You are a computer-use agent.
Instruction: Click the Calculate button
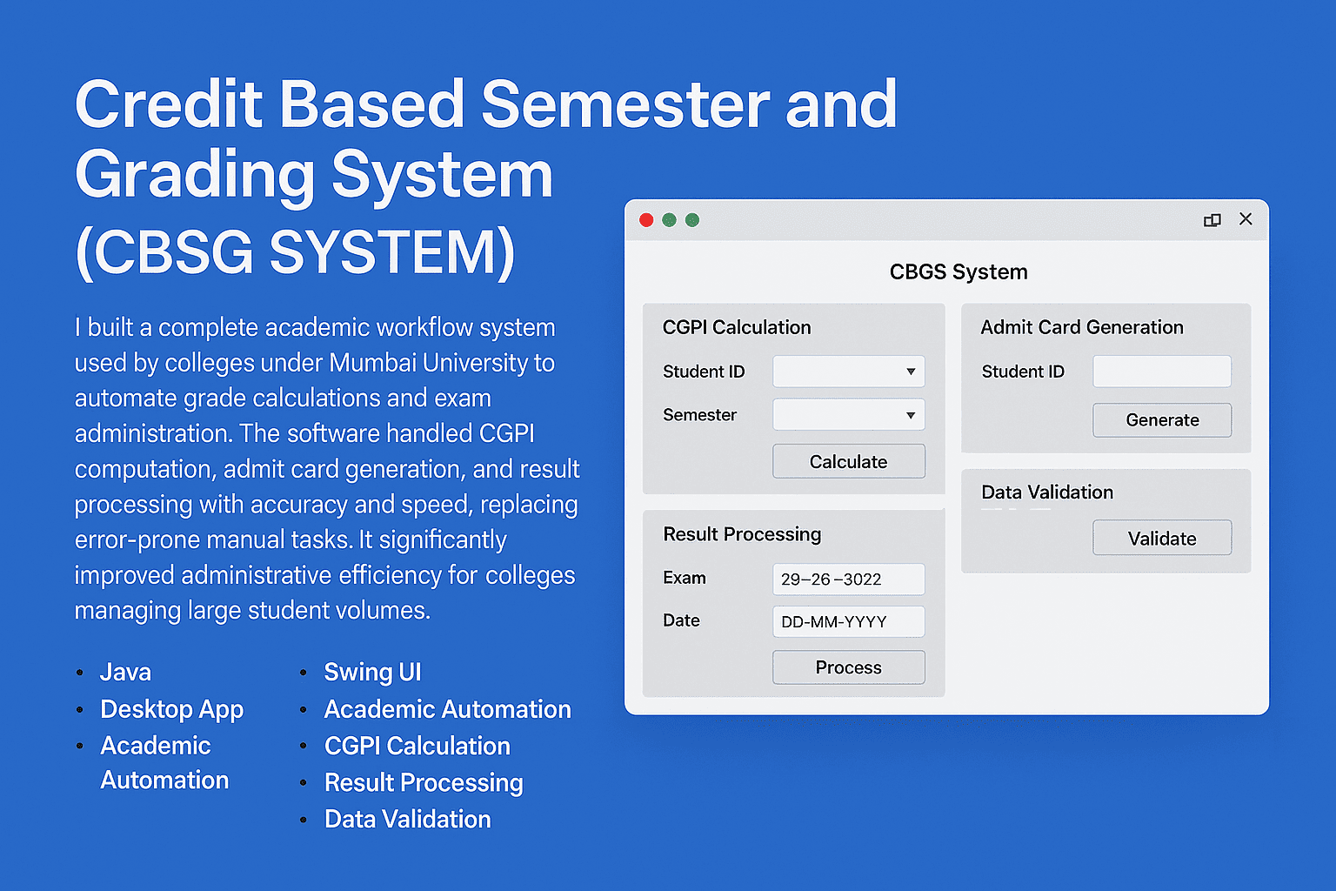click(x=848, y=461)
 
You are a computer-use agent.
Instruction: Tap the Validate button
click(x=1161, y=538)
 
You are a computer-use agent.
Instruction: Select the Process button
click(x=848, y=667)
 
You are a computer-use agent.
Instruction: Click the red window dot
click(x=646, y=220)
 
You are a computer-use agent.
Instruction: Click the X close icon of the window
click(x=1246, y=219)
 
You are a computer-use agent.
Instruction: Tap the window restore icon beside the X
click(x=1212, y=220)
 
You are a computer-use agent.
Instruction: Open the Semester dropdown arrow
click(x=910, y=415)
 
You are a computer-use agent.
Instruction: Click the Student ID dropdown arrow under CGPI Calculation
click(x=910, y=372)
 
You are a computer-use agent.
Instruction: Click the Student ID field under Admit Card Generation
click(x=1161, y=372)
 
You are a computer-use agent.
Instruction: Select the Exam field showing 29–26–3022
click(x=848, y=579)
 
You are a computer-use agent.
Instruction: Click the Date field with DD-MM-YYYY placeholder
click(x=848, y=621)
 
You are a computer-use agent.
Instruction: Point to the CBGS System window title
click(x=958, y=272)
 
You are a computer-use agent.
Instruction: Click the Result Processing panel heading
click(x=741, y=534)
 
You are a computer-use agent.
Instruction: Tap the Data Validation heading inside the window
click(x=1046, y=492)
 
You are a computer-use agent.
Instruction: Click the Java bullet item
click(x=125, y=672)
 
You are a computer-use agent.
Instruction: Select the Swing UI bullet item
click(x=372, y=672)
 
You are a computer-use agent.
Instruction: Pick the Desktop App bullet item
click(x=171, y=709)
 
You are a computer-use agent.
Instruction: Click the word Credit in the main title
click(x=169, y=104)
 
